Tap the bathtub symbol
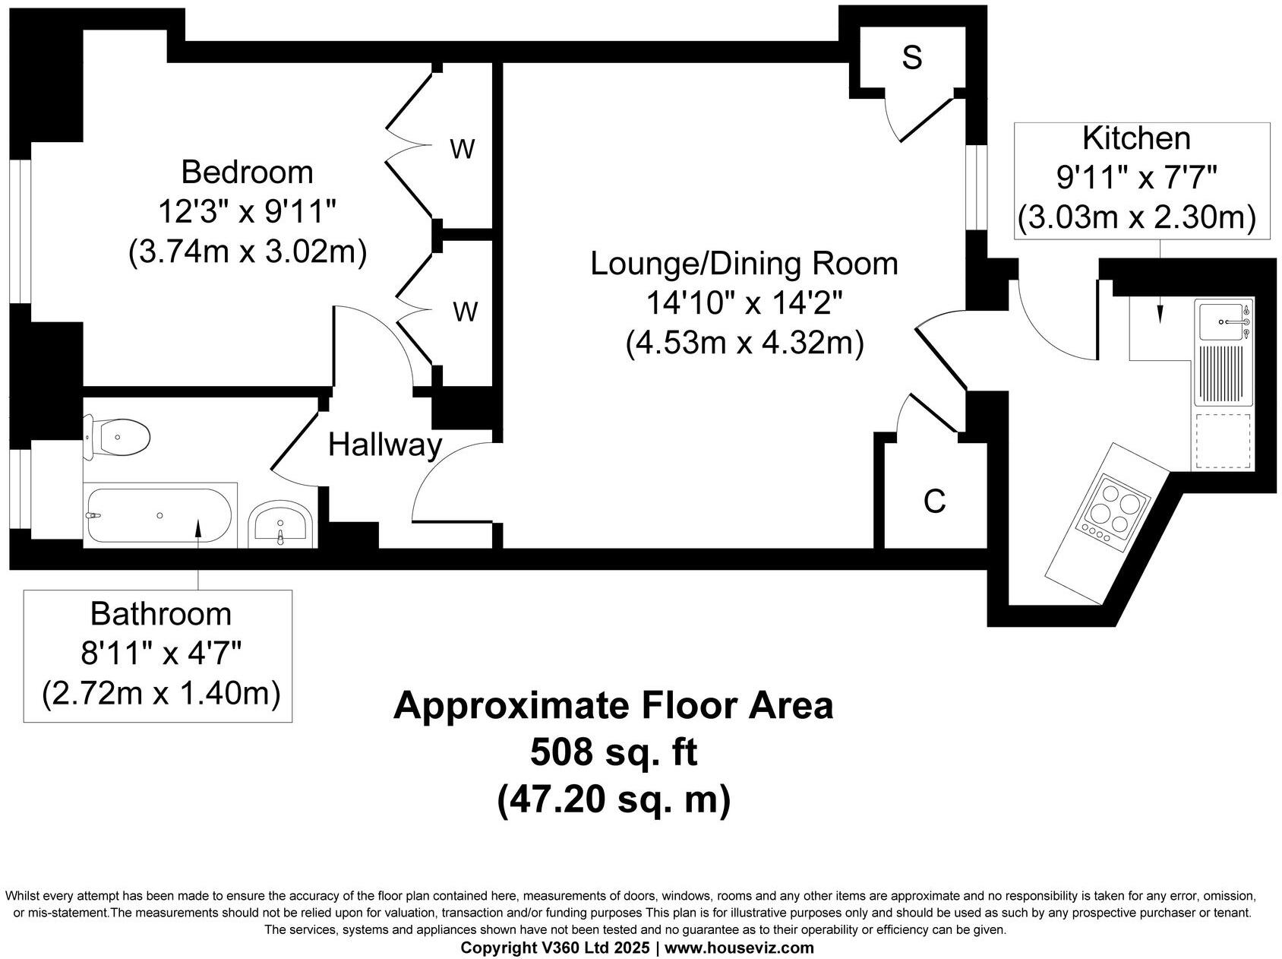point(159,515)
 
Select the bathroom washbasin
point(280,524)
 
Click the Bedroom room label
point(247,172)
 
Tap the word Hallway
point(384,445)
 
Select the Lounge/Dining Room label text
point(744,264)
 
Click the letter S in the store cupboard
point(911,57)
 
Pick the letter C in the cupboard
point(934,502)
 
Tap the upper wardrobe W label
point(462,150)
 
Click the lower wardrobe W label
point(465,312)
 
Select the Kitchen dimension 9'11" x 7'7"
point(1137,179)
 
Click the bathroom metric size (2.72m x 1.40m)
point(161,693)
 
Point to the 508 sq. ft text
point(613,752)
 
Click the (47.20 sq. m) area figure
point(613,799)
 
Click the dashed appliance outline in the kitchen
point(1223,441)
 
